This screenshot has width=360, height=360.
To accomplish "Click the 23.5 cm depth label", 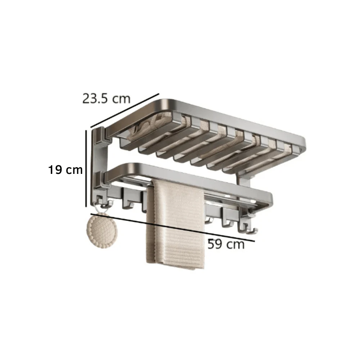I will coord(106,98).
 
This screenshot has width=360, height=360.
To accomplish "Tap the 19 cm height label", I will coord(66,170).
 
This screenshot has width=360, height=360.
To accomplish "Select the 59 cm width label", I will coord(226,245).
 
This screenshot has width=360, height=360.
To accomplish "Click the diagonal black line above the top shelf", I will coord(125,111).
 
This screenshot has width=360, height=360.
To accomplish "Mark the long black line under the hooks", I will coord(173,228).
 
